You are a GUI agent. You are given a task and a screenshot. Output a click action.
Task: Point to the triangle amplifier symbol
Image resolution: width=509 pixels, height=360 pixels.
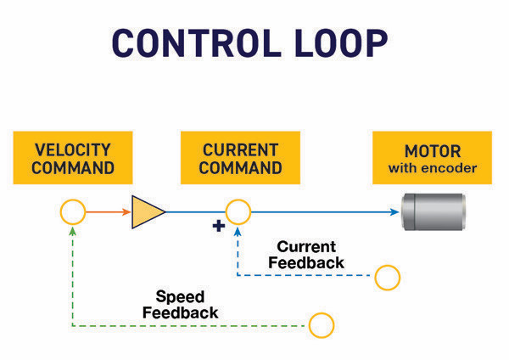point(147,211)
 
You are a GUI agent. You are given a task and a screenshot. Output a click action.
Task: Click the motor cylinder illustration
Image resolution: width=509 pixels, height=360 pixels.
point(435,211)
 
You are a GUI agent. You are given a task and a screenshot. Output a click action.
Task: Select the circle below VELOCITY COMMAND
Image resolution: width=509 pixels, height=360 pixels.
point(73,211)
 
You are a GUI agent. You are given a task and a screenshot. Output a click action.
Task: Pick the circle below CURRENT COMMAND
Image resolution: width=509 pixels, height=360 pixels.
point(238,211)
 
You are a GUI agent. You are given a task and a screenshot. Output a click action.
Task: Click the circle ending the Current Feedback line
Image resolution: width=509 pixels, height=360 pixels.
point(388,277)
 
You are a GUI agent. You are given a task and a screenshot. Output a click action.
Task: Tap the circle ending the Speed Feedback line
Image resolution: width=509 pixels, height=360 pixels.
point(322,324)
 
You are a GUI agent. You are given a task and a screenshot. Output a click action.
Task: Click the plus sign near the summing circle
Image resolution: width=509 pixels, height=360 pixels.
point(218,226)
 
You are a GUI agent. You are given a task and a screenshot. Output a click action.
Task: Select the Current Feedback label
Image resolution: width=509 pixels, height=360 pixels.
point(305,255)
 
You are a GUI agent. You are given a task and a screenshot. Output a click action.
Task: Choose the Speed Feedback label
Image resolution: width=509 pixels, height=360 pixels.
point(180,305)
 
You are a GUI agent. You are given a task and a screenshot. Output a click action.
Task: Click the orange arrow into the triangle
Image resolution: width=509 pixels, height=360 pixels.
point(106,211)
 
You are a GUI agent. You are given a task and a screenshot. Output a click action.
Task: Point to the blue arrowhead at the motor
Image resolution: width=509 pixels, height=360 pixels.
point(395,211)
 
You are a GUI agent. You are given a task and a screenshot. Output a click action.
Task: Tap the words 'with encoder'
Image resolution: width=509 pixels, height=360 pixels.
point(433,168)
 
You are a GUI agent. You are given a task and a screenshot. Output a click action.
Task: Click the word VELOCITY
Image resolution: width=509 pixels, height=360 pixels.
point(74,149)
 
